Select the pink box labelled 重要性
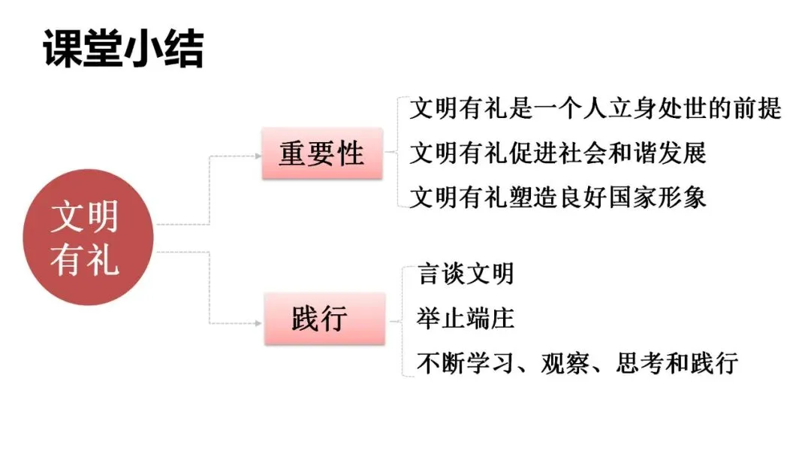click(322, 153)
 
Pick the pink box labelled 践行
click(322, 319)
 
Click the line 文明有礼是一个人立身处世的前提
click(595, 109)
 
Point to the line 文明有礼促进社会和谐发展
click(557, 153)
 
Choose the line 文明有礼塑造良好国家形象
click(557, 197)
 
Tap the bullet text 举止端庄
click(466, 319)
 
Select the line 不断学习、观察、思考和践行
click(577, 363)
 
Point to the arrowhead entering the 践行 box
click(257, 324)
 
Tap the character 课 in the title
click(62, 49)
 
